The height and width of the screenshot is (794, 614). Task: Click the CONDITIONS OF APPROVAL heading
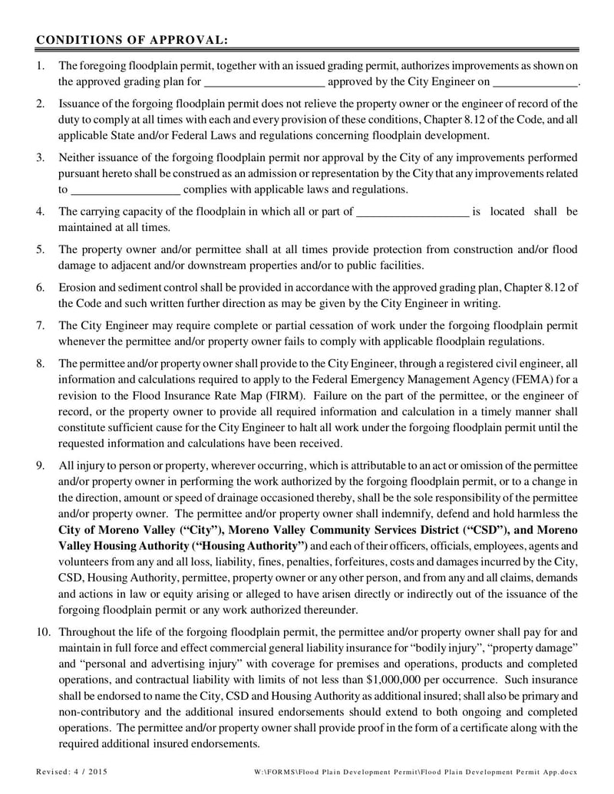click(x=132, y=39)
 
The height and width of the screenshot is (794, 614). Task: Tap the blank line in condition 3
click(x=125, y=189)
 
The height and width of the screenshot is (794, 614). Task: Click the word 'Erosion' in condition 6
click(x=77, y=287)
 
